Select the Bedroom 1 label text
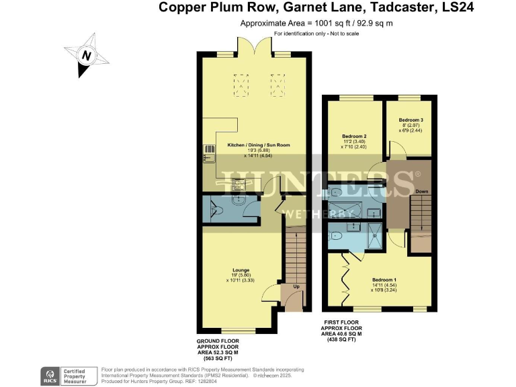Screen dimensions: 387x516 (x=384, y=279)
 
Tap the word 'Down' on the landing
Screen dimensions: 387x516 (x=422, y=191)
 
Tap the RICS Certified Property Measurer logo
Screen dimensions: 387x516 (x=67, y=374)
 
